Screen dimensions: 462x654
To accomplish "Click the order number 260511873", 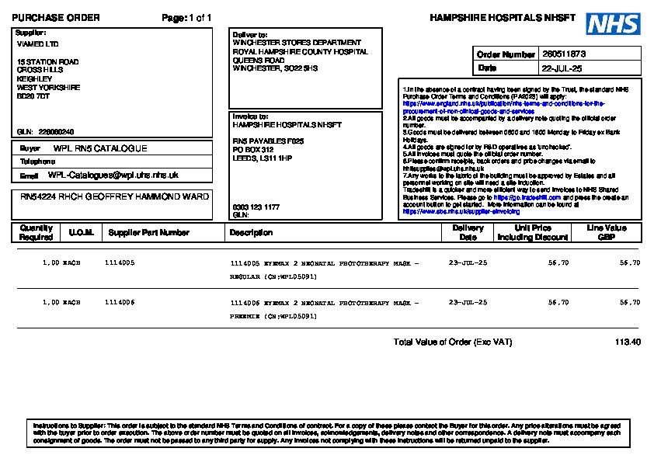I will [x=565, y=54].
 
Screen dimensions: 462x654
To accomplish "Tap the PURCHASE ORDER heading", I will [x=56, y=18].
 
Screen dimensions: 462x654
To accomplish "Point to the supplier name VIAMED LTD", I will [x=37, y=44].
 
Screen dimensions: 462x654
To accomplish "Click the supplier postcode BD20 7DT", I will [x=33, y=96].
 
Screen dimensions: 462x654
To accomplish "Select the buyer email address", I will [x=113, y=175].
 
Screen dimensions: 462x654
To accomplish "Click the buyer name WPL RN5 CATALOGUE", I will [x=100, y=148].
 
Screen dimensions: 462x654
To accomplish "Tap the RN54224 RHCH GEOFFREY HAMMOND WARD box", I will [x=114, y=197].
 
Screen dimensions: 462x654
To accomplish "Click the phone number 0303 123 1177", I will [x=256, y=207].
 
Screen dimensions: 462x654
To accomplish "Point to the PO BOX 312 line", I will [x=253, y=149].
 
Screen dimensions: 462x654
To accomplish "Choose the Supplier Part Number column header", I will [x=148, y=232].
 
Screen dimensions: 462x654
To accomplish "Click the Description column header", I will [x=251, y=232].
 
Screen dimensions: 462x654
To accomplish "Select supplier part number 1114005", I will [x=120, y=263].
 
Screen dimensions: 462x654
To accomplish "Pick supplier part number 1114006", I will [x=120, y=302].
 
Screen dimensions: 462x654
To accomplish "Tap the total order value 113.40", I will [x=628, y=342].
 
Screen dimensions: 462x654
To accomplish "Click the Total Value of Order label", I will [x=452, y=342].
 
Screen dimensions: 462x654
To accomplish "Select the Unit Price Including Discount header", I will [x=533, y=232].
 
